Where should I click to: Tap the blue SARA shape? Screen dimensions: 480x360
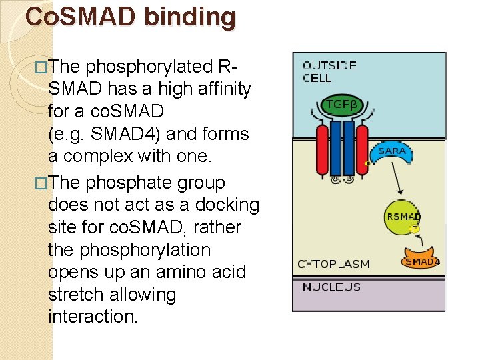tap(391, 154)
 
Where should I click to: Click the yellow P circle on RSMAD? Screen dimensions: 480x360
tap(414, 229)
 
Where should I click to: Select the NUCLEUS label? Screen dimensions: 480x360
tap(331, 287)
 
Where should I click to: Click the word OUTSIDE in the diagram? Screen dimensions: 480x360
tap(329, 65)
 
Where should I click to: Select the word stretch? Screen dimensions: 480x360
tap(79, 295)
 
